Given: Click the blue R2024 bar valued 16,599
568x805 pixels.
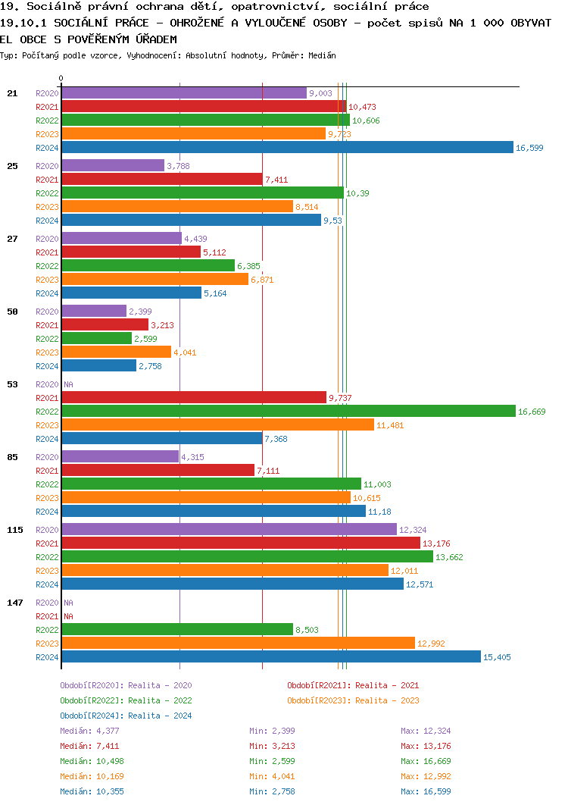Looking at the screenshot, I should (287, 148).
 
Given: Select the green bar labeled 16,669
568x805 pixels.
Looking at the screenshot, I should (288, 412).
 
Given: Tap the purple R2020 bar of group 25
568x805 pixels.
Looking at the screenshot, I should (113, 166).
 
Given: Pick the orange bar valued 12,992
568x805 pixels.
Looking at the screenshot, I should (238, 644).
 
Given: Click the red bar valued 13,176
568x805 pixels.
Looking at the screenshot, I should (240, 543).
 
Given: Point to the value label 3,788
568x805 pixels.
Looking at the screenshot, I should (178, 166).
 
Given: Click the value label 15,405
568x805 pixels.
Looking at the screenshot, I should (497, 657).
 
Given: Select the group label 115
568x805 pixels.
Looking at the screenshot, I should (15, 530).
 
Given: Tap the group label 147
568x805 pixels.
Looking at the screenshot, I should (15, 603).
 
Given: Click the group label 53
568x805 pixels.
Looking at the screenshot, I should (12, 384).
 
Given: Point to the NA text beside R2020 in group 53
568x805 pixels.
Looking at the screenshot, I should (68, 384).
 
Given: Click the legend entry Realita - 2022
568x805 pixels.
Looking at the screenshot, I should (126, 700).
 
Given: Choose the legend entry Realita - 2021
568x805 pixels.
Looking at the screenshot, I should (353, 685).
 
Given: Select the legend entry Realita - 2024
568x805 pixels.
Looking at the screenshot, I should (126, 716).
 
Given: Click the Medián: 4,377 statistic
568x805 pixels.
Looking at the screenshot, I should (89, 731).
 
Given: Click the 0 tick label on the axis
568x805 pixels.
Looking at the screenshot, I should (61, 78).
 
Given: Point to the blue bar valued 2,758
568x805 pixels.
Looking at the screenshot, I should (98, 366).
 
